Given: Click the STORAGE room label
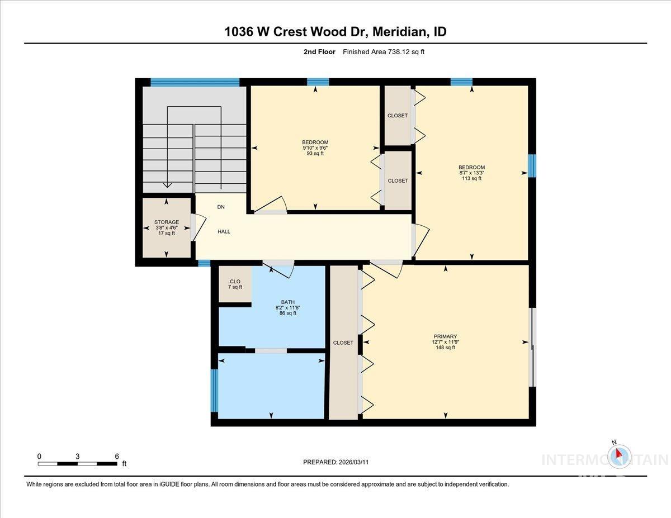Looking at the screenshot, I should tap(167, 222).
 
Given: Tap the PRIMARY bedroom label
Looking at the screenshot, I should tap(446, 336).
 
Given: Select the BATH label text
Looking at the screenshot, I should tap(288, 302).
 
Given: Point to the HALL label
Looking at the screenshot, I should tap(224, 231).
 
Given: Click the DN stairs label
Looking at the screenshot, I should tap(221, 207).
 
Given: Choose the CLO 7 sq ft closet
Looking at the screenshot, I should tap(235, 284).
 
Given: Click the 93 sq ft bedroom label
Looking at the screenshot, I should tap(315, 153).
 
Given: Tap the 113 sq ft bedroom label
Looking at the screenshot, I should tap(471, 178).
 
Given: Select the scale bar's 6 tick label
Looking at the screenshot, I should tap(117, 456).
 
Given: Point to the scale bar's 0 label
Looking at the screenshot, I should tap(39, 456).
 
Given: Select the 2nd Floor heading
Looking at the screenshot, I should tap(316, 52).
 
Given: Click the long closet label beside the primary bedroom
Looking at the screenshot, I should tap(343, 343).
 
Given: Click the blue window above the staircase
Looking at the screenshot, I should tap(195, 82).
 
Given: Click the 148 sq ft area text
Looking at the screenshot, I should tap(446, 348).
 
